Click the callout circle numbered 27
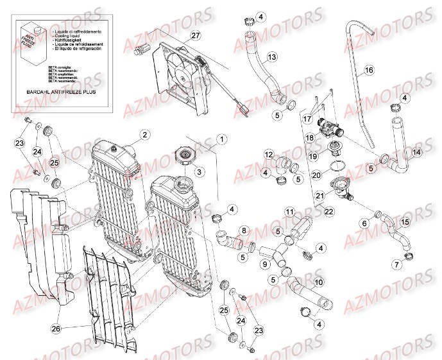click(178, 35)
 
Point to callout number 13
click(272, 58)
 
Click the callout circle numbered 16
click(369, 70)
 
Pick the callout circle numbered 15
click(405, 222)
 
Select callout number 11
click(289, 212)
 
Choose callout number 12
click(269, 154)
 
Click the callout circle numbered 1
click(221, 138)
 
